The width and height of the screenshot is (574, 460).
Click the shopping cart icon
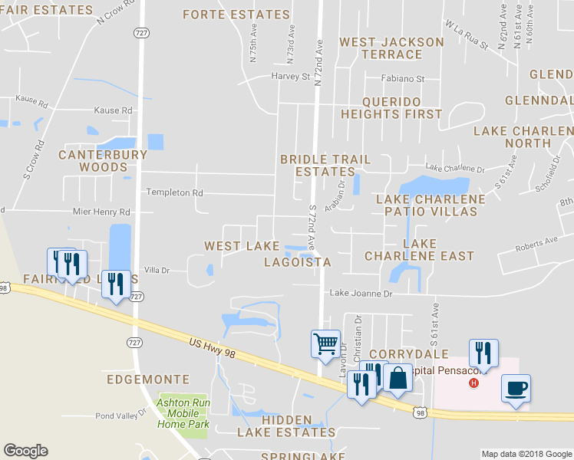tap(325, 343)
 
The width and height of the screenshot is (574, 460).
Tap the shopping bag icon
tap(398, 379)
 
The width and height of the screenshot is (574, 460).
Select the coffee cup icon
tap(515, 388)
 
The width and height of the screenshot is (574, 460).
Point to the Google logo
tap(25, 451)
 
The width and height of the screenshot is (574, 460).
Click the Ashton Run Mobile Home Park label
tap(183, 413)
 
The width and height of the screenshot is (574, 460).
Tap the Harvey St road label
tap(290, 77)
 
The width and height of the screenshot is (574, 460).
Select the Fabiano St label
tap(404, 79)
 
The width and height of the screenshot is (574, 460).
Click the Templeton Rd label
tap(175, 192)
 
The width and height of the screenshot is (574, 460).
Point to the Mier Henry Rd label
tap(101, 212)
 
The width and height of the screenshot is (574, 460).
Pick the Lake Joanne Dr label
tap(361, 293)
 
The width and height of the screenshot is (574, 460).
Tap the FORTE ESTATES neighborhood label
tap(236, 15)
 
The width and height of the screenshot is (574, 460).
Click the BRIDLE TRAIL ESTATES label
tap(325, 166)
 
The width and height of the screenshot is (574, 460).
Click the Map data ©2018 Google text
tap(526, 454)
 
